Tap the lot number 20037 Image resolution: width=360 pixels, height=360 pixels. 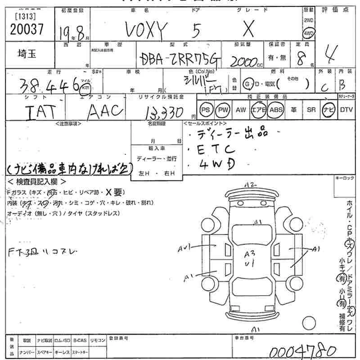(26, 29)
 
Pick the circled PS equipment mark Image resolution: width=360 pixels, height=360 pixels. (206, 109)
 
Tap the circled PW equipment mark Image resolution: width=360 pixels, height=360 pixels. (222, 109)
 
